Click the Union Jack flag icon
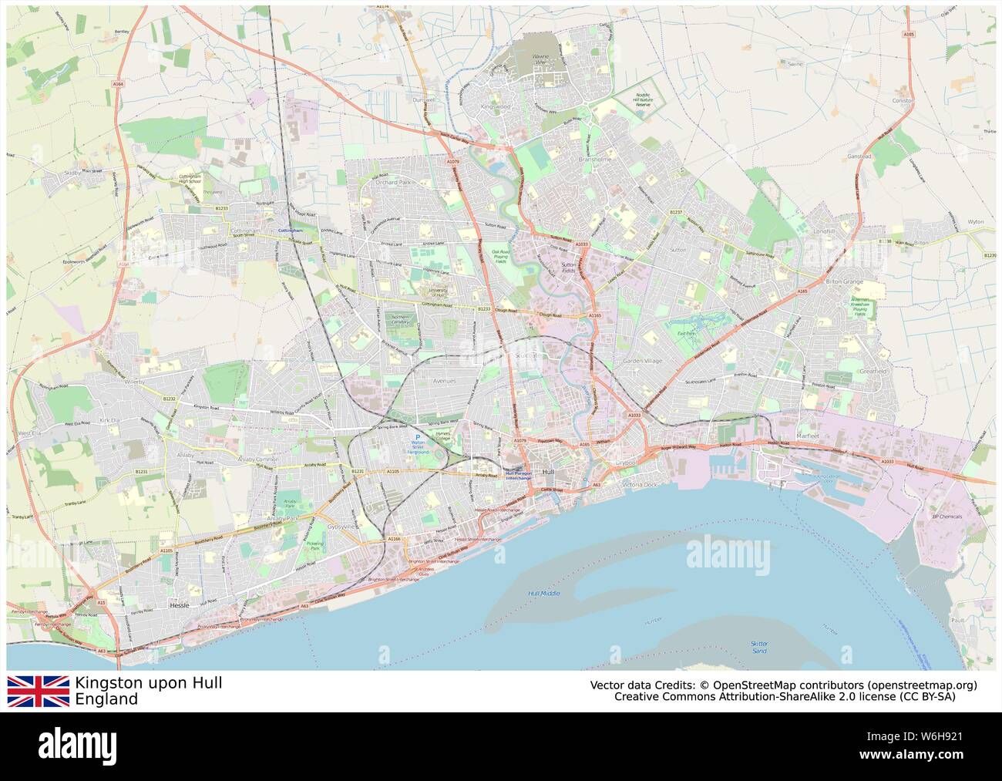(x=38, y=691)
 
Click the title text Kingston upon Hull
(x=149, y=683)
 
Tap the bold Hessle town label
(x=178, y=606)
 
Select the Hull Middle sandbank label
(x=544, y=593)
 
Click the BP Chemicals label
(x=947, y=517)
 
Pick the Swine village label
(x=795, y=65)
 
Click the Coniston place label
(x=903, y=100)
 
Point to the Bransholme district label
(x=594, y=160)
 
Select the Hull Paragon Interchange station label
(x=518, y=476)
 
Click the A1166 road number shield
(x=395, y=538)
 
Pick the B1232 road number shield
(x=170, y=399)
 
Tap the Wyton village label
(x=976, y=221)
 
